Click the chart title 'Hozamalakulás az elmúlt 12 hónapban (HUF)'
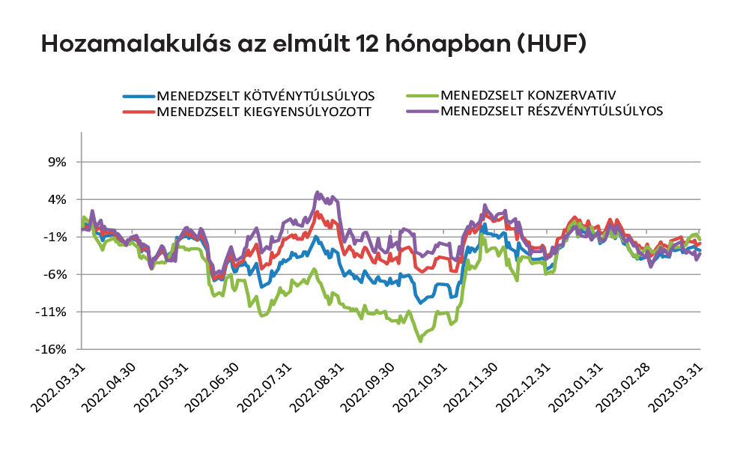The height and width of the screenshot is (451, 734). coord(312,44)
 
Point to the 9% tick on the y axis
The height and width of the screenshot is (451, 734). coord(58,162)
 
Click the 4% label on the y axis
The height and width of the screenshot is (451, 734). coord(58,199)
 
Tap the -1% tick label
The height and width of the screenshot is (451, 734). coord(56,237)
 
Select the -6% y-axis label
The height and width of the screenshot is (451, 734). coord(56,274)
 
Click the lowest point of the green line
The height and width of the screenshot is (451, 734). coord(421,341)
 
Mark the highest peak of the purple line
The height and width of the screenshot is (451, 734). coord(318,192)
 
